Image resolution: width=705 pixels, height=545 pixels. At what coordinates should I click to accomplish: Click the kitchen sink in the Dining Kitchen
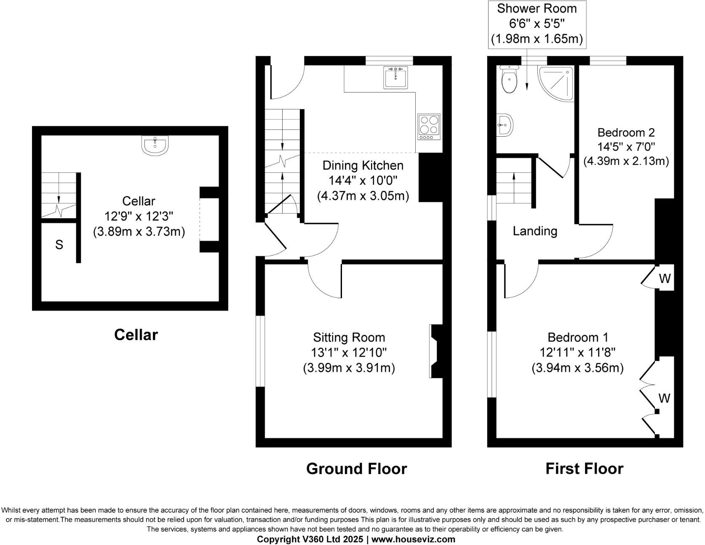pos(395,77)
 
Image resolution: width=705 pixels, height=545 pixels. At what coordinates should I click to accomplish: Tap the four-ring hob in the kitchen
pos(429,127)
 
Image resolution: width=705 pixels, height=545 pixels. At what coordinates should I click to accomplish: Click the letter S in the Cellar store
pos(59,245)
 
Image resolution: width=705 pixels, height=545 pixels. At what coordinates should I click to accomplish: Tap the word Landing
pos(534,231)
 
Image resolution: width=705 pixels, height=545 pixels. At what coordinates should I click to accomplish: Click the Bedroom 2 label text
pos(626,132)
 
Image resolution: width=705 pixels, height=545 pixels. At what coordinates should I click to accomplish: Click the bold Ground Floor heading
pos(356,468)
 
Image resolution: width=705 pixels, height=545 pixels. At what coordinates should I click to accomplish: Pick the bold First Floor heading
pos(584,468)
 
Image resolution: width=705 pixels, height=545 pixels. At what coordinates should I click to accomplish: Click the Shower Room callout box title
pos(537,8)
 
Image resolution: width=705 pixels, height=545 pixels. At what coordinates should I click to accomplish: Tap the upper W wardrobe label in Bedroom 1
pos(665,278)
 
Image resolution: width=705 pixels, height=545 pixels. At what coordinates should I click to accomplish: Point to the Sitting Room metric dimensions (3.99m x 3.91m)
pos(349,368)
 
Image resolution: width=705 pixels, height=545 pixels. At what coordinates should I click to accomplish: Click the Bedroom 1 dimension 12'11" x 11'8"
pos(577,352)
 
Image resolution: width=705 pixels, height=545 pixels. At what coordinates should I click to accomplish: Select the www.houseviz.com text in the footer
pos(413,539)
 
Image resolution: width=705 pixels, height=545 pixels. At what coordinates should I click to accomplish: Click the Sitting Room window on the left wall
pos(261,351)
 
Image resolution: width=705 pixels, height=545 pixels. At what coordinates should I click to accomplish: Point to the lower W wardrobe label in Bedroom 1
pos(664,398)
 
